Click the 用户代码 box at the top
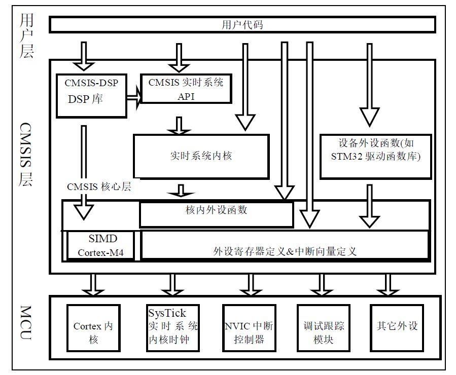pos(242,24)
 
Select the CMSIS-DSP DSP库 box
pos(91,96)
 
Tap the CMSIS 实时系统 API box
pos(186,89)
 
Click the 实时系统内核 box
pos(201,156)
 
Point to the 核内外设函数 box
pos(216,214)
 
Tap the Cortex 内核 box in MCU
pos(93,332)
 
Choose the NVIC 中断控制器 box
pos(249,332)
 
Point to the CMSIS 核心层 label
pos(99,186)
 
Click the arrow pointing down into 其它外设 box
pos(389,285)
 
